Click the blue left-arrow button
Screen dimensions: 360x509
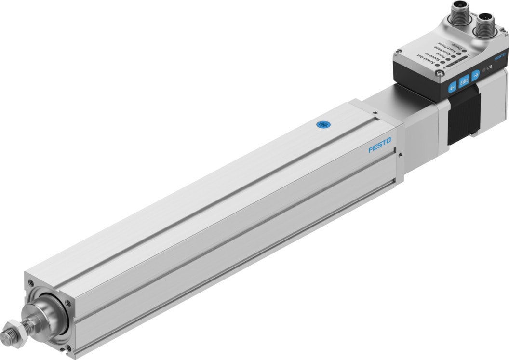pyautogui.click(x=452, y=87)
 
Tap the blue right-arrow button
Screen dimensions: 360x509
pyautogui.click(x=476, y=75)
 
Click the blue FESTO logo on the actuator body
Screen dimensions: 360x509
pyautogui.click(x=380, y=146)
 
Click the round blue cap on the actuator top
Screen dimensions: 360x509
pyautogui.click(x=322, y=125)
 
